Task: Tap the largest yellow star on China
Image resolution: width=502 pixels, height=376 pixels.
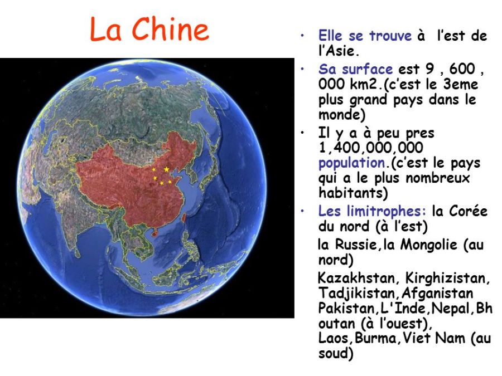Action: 166,169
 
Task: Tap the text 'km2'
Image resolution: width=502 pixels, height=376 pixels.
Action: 373,85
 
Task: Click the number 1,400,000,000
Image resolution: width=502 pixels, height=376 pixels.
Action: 370,149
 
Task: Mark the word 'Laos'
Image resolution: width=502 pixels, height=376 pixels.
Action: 334,338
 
